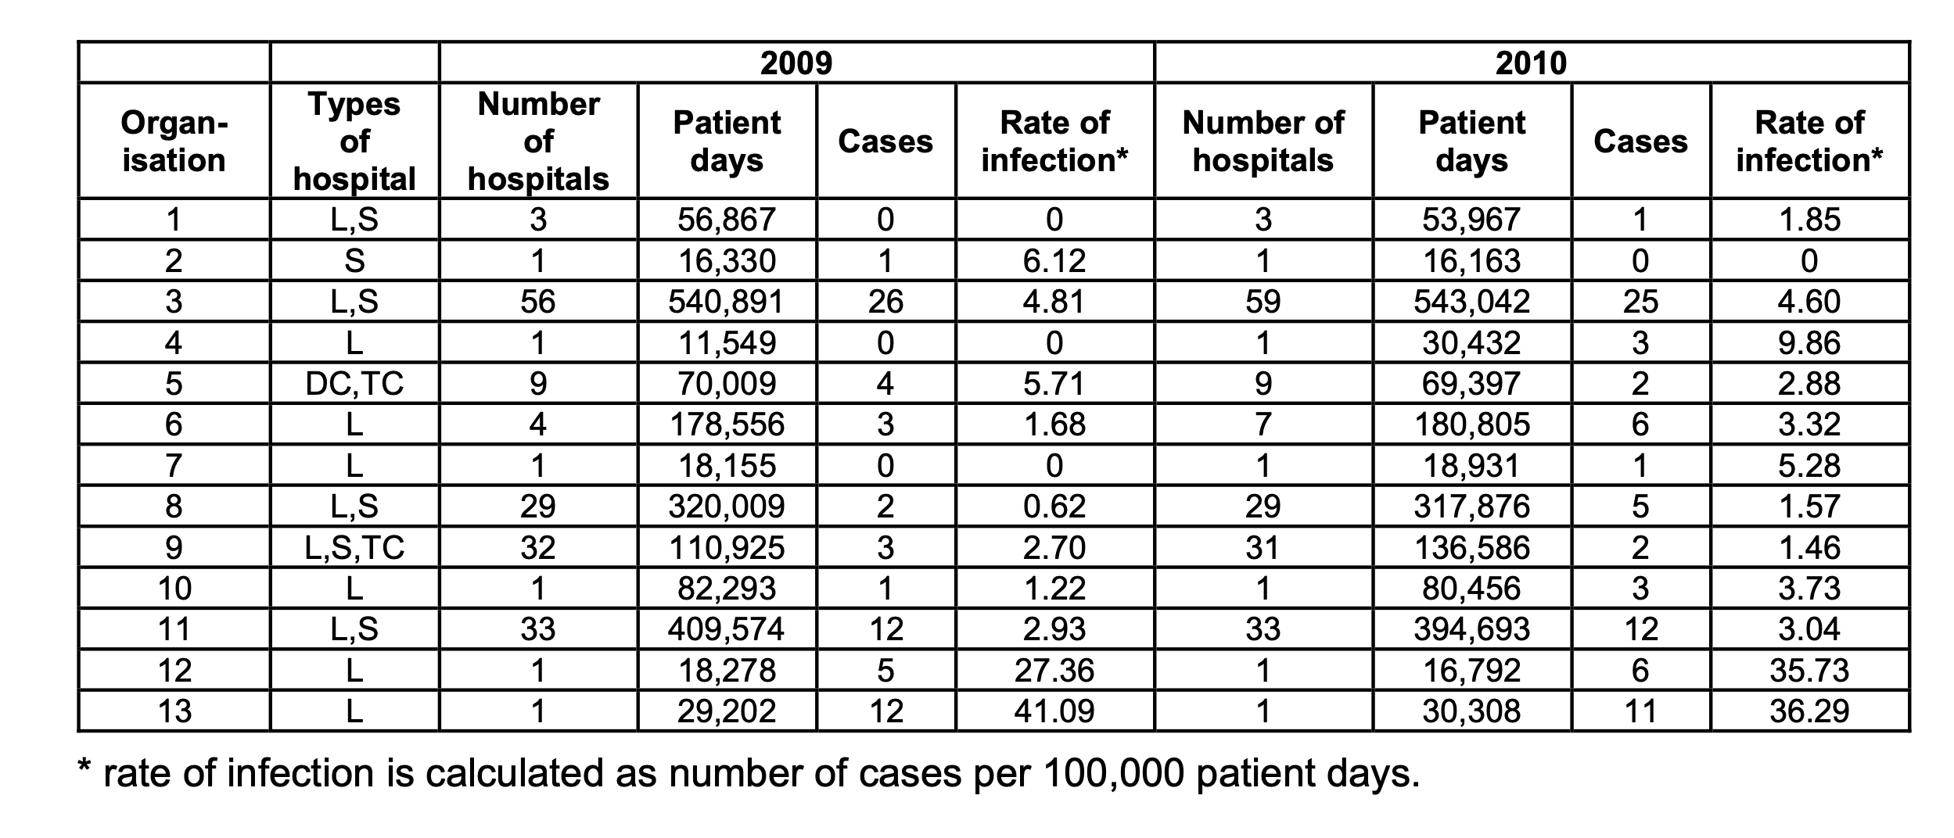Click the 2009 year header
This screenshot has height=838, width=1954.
796,63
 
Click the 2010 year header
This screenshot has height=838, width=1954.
1531,63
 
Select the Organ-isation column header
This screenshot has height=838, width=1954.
174,141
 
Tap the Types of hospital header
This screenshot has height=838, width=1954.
354,141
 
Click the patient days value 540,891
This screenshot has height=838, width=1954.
726,302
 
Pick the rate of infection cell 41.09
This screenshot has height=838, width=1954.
1054,711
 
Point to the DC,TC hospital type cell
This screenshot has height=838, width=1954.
354,384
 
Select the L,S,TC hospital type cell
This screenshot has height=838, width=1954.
354,547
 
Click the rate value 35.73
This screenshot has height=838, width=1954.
1809,671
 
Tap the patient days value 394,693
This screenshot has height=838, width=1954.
1471,629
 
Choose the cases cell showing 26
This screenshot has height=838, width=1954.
885,302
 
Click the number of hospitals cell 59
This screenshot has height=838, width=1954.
1263,302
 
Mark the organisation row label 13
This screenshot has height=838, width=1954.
174,711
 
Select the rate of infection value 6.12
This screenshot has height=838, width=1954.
1054,260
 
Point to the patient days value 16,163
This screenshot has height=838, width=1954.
1471,260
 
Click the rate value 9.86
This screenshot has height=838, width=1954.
1809,343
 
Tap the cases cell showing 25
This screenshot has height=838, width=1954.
1640,302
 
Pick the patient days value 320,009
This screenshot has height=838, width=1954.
726,507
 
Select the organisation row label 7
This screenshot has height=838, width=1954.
174,466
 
